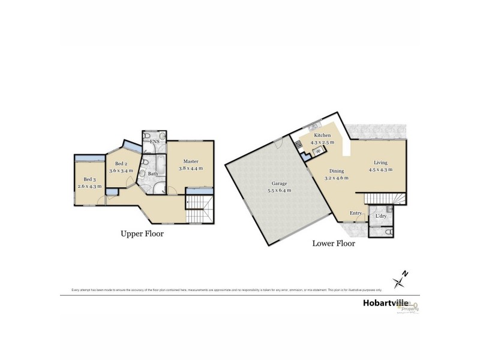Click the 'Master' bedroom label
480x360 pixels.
[x=191, y=161]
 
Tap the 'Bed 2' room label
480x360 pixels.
[x=121, y=164]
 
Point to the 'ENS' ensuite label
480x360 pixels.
[x=154, y=142]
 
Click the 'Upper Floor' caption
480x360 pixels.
[x=142, y=234]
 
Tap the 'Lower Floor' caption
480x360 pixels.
[x=333, y=244]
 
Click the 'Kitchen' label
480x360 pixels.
[x=323, y=136]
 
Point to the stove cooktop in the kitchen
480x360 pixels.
[x=299, y=144]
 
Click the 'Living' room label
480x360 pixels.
[x=380, y=163]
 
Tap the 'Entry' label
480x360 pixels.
[x=356, y=213]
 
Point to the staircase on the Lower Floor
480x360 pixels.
[x=384, y=199]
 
